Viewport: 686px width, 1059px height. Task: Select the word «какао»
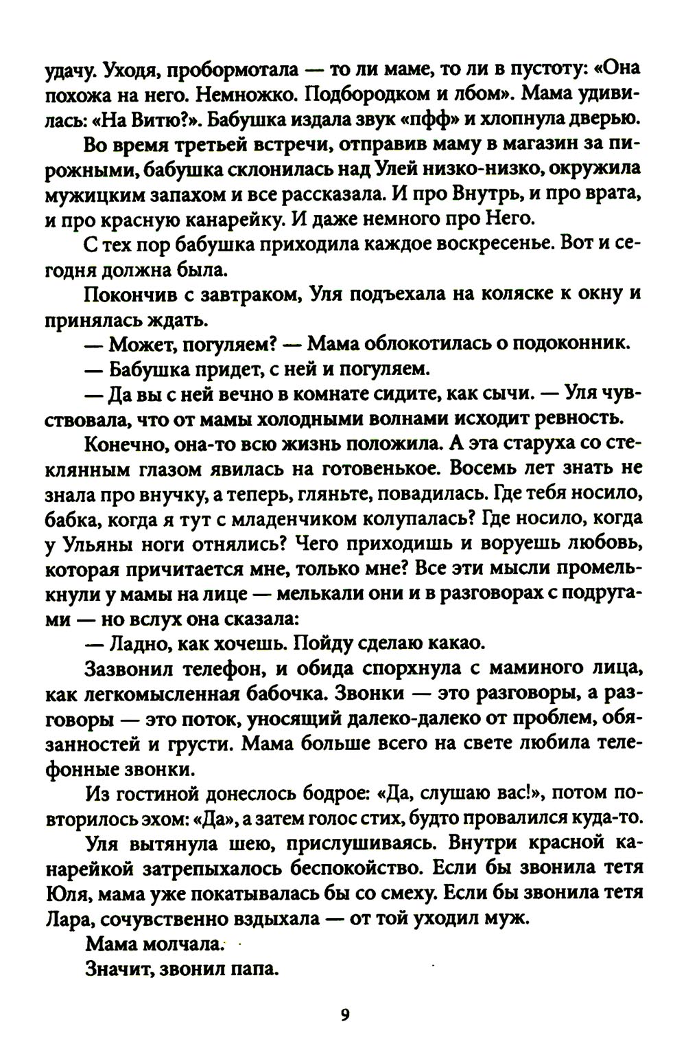point(456,644)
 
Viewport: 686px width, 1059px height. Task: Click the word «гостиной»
point(167,795)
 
